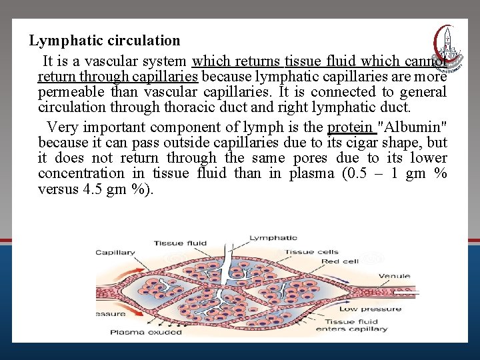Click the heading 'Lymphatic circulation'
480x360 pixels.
(105, 41)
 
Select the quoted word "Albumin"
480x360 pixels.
(412, 127)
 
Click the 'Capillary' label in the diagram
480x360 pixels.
(115, 253)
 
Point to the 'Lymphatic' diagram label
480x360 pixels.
(273, 237)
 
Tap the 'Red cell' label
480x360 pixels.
(341, 261)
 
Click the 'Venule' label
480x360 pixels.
(394, 276)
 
